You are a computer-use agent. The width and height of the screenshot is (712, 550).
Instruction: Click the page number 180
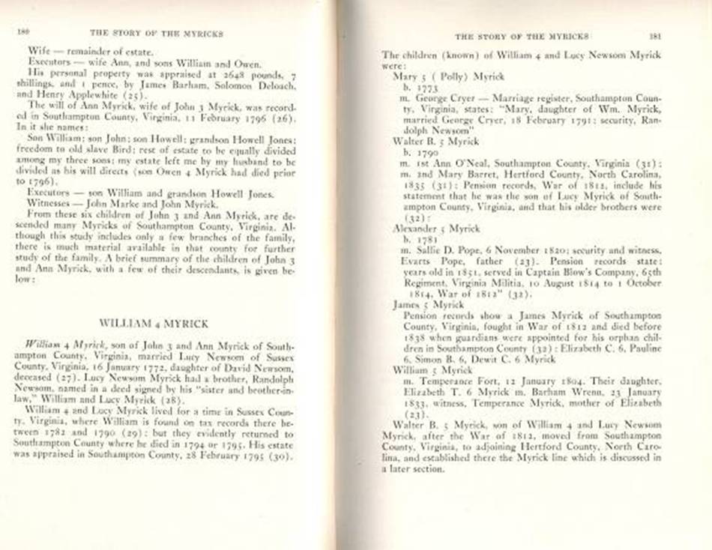(22, 33)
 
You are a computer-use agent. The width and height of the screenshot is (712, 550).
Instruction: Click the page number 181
(655, 35)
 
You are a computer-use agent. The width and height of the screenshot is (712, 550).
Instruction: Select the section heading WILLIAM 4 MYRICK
(153, 322)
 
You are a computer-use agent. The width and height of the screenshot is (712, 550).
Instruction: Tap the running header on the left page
(156, 34)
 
